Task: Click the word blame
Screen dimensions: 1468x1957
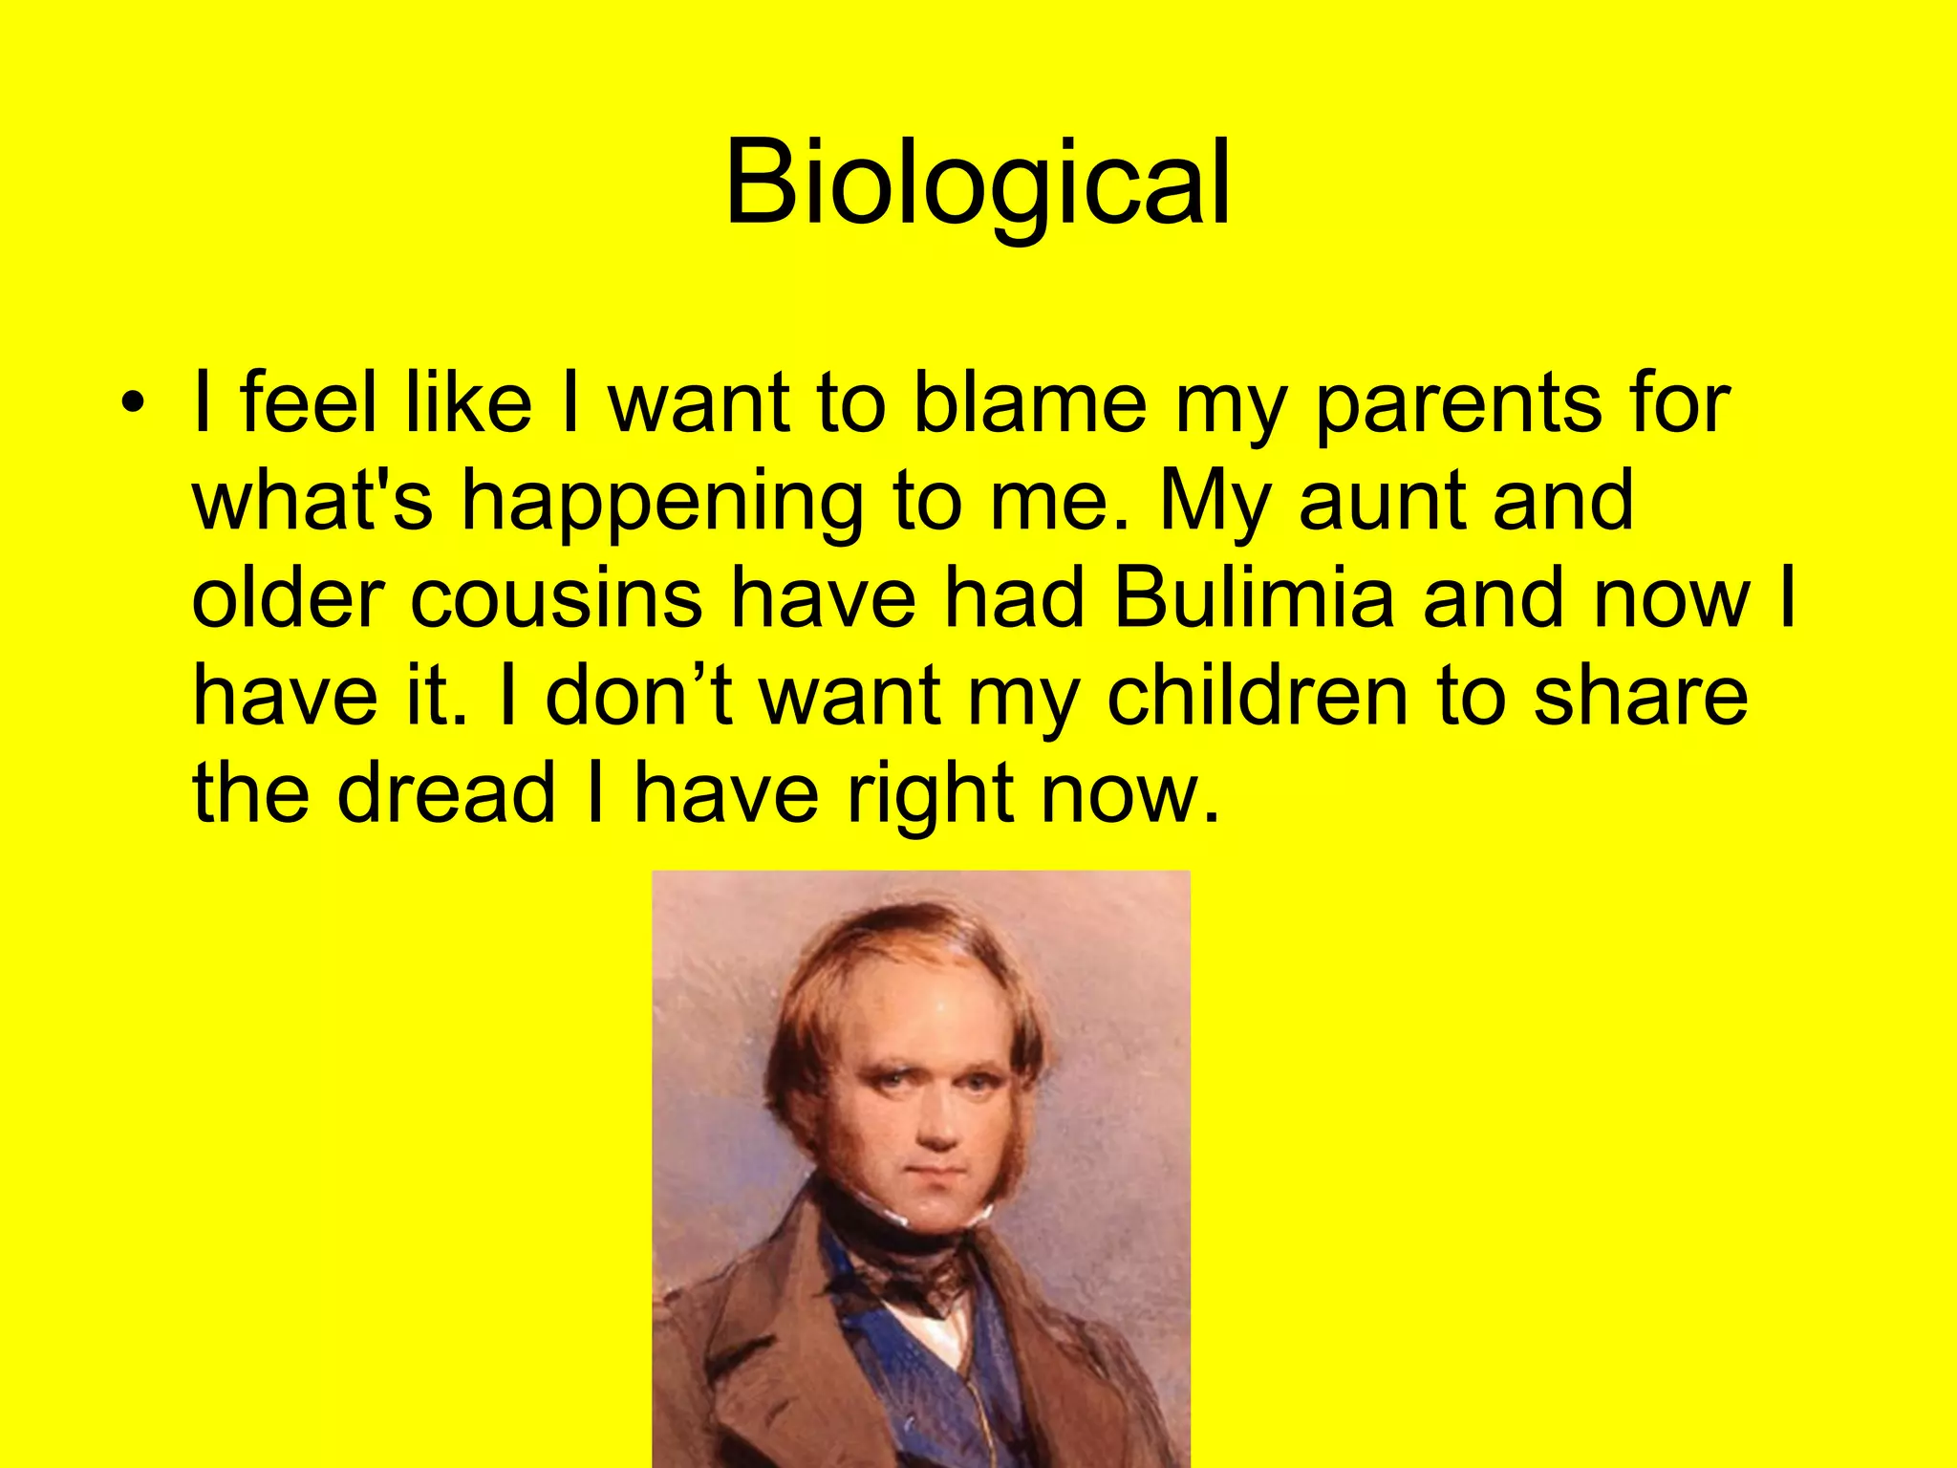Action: (1029, 403)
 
